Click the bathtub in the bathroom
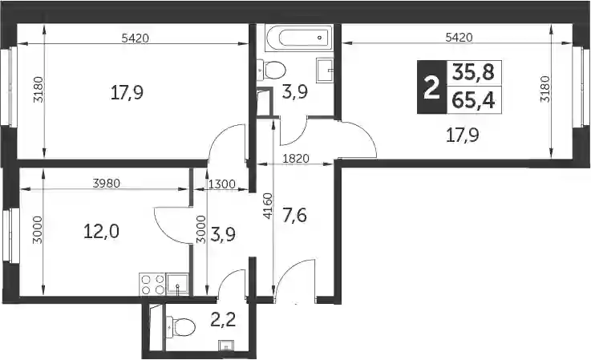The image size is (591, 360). pyautogui.click(x=299, y=38)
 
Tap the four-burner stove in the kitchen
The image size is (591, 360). pyautogui.click(x=152, y=284)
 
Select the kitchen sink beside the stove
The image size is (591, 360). pyautogui.click(x=177, y=284)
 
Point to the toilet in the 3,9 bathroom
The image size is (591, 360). pyautogui.click(x=271, y=70)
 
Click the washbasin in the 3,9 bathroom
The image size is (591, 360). pyautogui.click(x=325, y=70)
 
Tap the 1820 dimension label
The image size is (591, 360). pyautogui.click(x=296, y=159)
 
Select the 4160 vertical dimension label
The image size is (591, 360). pyautogui.click(x=268, y=206)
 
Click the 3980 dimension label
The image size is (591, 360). pyautogui.click(x=107, y=184)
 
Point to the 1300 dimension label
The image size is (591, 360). pyautogui.click(x=221, y=184)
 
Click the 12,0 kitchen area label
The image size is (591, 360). pyautogui.click(x=101, y=231)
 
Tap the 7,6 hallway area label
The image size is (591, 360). pyautogui.click(x=294, y=216)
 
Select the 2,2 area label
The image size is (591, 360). pyautogui.click(x=223, y=321)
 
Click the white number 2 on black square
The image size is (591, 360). pyautogui.click(x=432, y=87)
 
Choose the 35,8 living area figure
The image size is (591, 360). pyautogui.click(x=473, y=72)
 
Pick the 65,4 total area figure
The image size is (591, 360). pyautogui.click(x=473, y=100)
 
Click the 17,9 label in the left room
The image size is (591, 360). pyautogui.click(x=127, y=92)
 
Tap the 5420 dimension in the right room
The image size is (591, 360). pyautogui.click(x=459, y=38)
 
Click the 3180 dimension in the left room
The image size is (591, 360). pyautogui.click(x=39, y=89)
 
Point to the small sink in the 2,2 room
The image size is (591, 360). pyautogui.click(x=226, y=345)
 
